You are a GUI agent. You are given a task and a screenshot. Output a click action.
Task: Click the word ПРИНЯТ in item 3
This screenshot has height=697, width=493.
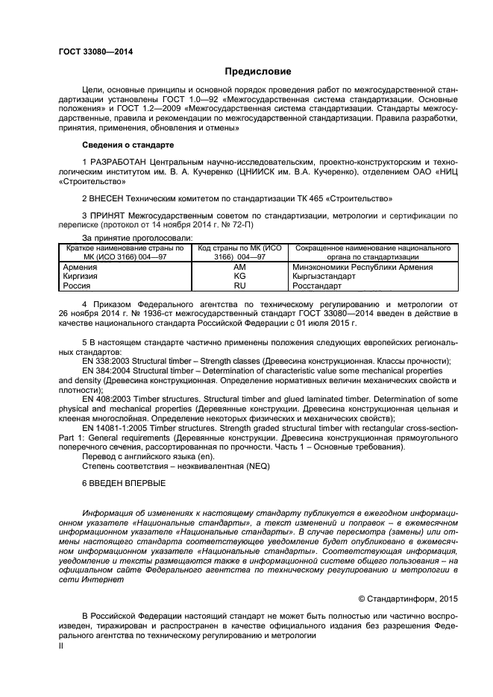click(x=109, y=215)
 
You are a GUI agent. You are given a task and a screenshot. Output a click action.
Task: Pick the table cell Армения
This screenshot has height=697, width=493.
click(x=78, y=267)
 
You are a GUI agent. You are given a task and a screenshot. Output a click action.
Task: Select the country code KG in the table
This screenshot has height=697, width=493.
click(x=239, y=276)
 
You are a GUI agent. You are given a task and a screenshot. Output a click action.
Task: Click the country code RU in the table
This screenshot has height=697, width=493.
click(x=239, y=285)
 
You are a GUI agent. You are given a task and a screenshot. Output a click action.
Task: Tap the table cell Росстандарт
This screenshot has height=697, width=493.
click(x=318, y=285)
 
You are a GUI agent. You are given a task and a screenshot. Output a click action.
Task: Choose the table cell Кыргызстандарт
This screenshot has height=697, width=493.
click(x=324, y=276)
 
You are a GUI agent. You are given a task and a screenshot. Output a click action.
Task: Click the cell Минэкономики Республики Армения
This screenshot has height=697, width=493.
click(x=362, y=267)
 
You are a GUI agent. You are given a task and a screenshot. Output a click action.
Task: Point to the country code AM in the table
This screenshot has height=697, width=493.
click(x=239, y=267)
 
